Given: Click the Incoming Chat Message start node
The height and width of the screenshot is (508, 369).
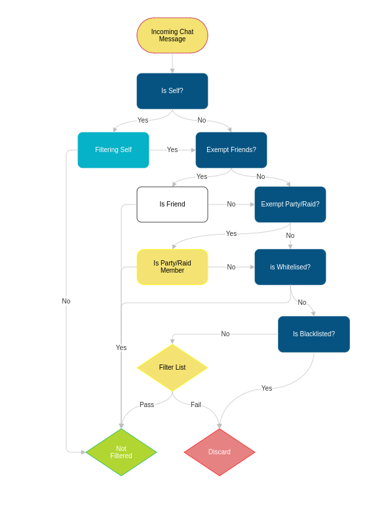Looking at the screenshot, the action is tap(172, 35).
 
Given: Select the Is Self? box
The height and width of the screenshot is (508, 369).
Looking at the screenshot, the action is tap(172, 91).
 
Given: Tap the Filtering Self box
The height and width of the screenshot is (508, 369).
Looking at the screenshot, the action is tap(113, 150).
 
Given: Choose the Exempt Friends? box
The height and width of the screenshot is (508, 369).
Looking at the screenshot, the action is tap(231, 150).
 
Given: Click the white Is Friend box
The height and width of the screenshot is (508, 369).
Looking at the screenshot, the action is tap(172, 205).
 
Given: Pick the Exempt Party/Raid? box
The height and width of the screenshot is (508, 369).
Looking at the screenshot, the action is tap(290, 205).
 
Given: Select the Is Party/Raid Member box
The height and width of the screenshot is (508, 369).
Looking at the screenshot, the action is tap(172, 267).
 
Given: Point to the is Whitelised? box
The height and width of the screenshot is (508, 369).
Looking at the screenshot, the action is tap(290, 267).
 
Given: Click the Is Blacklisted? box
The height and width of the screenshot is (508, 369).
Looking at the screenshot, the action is tap(314, 334).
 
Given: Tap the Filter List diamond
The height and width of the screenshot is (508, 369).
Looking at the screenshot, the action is tap(172, 367).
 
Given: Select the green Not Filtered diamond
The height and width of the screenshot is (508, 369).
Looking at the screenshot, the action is tap(121, 452).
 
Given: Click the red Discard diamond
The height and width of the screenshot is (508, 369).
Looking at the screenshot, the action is tap(220, 452).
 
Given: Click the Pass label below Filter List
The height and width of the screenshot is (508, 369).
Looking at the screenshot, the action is tap(147, 404).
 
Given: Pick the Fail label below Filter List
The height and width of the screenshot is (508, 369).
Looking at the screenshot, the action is tap(196, 404).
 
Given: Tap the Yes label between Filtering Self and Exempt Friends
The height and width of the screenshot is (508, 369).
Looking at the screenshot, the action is tap(172, 149).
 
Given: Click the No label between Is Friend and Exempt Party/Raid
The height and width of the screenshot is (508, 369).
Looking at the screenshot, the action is tap(231, 204).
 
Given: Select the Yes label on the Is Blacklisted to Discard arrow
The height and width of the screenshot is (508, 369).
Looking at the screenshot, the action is tap(267, 388).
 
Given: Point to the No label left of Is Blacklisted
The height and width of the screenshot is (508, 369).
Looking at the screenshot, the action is tap(225, 334).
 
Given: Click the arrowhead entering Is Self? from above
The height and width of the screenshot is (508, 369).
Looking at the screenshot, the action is tap(172, 71).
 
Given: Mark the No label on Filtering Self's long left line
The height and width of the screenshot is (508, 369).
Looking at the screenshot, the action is tap(66, 301).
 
